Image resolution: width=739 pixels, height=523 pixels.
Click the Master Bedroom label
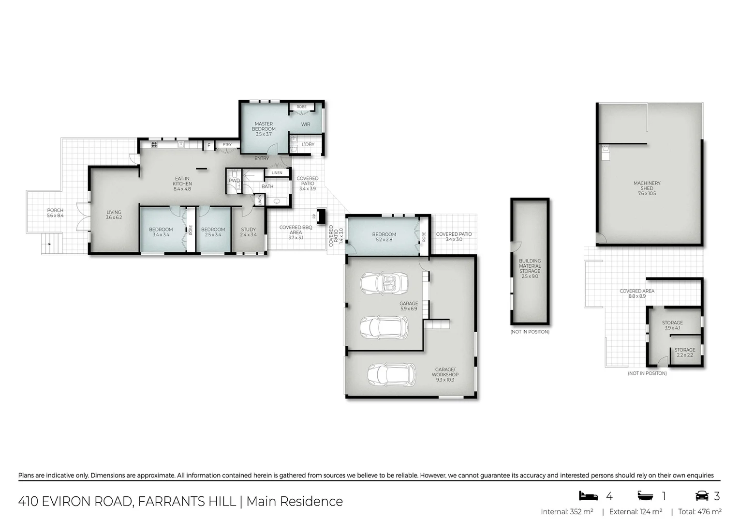[264, 129]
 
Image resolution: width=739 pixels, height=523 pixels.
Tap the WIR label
[306, 124]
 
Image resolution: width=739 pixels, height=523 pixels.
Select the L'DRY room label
[308, 144]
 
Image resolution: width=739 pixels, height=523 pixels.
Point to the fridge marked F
[209, 145]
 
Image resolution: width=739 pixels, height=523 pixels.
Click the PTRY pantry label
[227, 144]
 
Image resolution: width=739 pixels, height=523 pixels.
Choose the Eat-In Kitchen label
[182, 184]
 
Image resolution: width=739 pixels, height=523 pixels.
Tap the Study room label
[249, 232]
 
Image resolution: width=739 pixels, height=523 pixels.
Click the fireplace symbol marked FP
[320, 215]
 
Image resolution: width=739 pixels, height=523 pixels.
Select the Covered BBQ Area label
[296, 232]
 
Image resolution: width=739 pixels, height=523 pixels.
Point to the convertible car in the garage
[384, 283]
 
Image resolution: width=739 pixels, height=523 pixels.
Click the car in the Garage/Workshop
[391, 374]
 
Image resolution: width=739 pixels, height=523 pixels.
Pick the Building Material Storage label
[530, 268]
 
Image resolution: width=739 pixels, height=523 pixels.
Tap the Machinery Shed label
[647, 188]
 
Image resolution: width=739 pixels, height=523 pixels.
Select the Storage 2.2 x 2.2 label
[685, 352]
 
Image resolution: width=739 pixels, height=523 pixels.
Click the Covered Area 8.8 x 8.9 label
[637, 293]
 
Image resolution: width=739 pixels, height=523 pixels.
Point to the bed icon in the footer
[588, 496]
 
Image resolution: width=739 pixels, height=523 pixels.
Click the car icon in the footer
[702, 496]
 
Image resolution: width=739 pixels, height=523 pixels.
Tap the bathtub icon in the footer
[646, 496]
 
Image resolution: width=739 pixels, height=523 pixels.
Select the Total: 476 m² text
[699, 511]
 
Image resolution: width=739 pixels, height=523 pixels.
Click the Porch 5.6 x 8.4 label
[55, 213]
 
